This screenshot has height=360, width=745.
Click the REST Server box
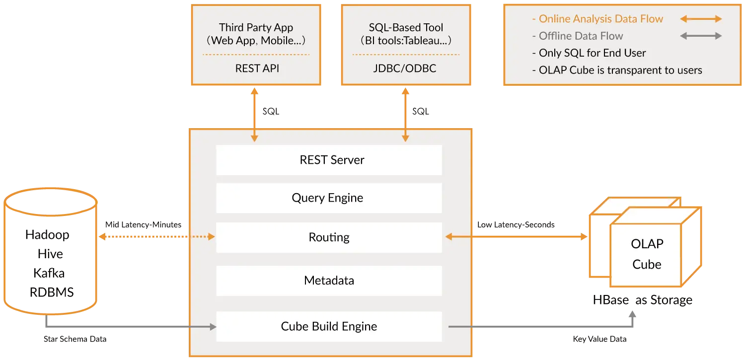coord(329,160)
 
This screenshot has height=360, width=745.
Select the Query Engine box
coord(329,198)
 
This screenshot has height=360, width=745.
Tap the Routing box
coord(329,237)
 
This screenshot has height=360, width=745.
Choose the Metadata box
coord(329,281)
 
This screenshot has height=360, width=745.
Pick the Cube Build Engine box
coord(329,326)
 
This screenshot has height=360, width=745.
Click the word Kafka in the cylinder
coord(49,273)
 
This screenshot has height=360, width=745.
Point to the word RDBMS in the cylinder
coord(52,292)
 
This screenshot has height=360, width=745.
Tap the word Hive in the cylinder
coord(50,254)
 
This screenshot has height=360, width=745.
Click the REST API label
coord(257,69)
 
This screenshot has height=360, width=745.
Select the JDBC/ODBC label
coord(404,69)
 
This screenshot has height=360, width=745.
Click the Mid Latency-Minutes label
coord(144,225)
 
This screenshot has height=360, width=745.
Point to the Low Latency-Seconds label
coord(516,225)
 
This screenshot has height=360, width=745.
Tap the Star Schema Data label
coord(75,339)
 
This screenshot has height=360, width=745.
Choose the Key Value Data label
coord(599,339)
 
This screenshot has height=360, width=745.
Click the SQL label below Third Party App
coord(271,111)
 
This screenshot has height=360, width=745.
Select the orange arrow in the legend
coord(701,19)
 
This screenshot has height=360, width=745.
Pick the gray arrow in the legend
coord(701,36)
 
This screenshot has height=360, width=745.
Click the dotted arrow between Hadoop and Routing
coord(157,237)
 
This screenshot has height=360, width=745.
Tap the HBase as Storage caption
coord(643,300)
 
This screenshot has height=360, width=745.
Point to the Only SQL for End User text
coord(589,53)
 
